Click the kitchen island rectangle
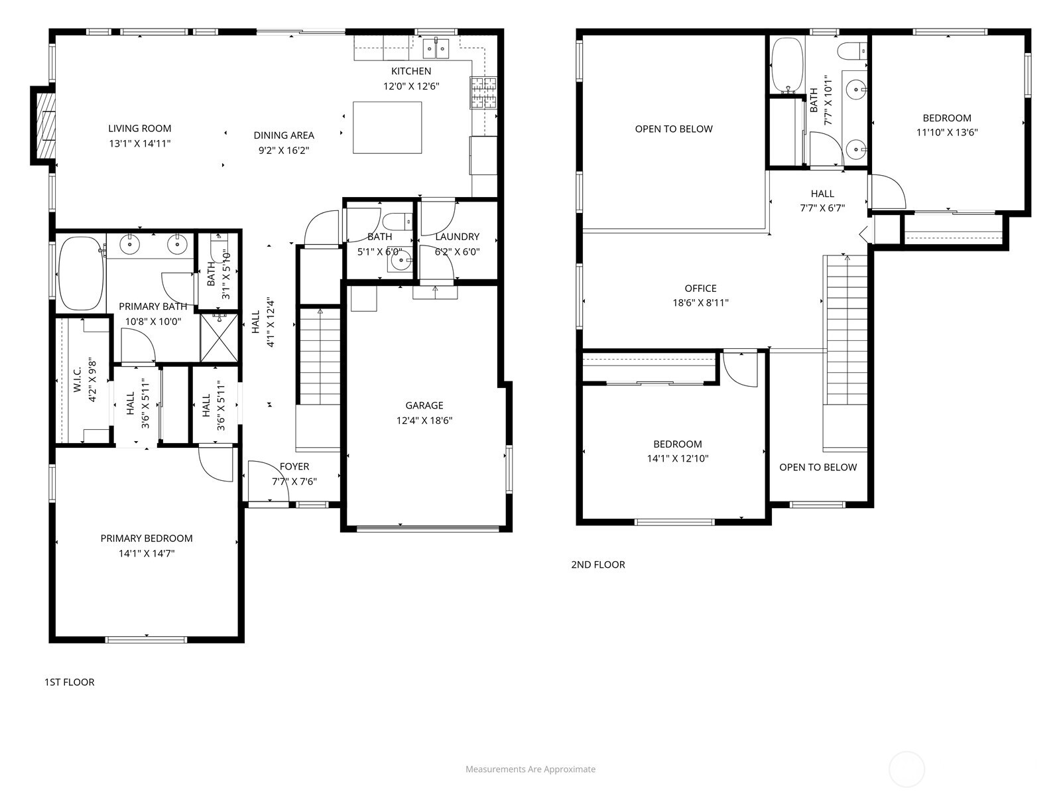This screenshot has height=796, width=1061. (387, 127)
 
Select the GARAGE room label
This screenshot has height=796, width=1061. (424, 405)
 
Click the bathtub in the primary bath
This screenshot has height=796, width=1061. (80, 273)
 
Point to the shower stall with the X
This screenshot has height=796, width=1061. (219, 338)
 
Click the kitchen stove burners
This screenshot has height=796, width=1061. (483, 92)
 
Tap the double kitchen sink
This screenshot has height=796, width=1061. (436, 48)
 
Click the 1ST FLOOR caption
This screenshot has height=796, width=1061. (69, 682)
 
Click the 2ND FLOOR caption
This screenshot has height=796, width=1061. (597, 564)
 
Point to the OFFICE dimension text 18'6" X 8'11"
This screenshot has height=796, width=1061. (700, 302)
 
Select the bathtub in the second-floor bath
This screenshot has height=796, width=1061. (787, 65)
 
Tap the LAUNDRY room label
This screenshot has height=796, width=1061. (457, 236)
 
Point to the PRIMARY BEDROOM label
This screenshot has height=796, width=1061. (147, 538)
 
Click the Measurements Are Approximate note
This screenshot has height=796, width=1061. (530, 769)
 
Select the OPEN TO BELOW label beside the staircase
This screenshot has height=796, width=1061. (818, 467)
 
